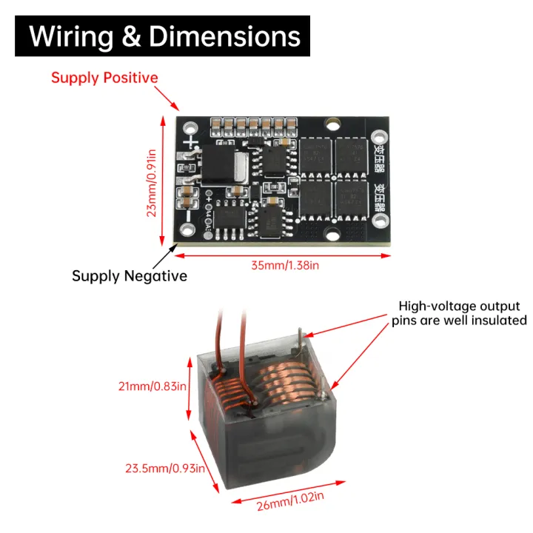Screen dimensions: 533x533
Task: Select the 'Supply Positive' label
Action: (104, 78)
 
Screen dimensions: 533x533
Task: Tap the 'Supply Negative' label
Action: (129, 275)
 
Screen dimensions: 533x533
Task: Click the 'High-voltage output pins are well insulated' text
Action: (459, 312)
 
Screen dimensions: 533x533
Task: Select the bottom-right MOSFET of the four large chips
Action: (351, 198)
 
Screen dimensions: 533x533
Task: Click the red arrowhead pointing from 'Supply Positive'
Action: (176, 108)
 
